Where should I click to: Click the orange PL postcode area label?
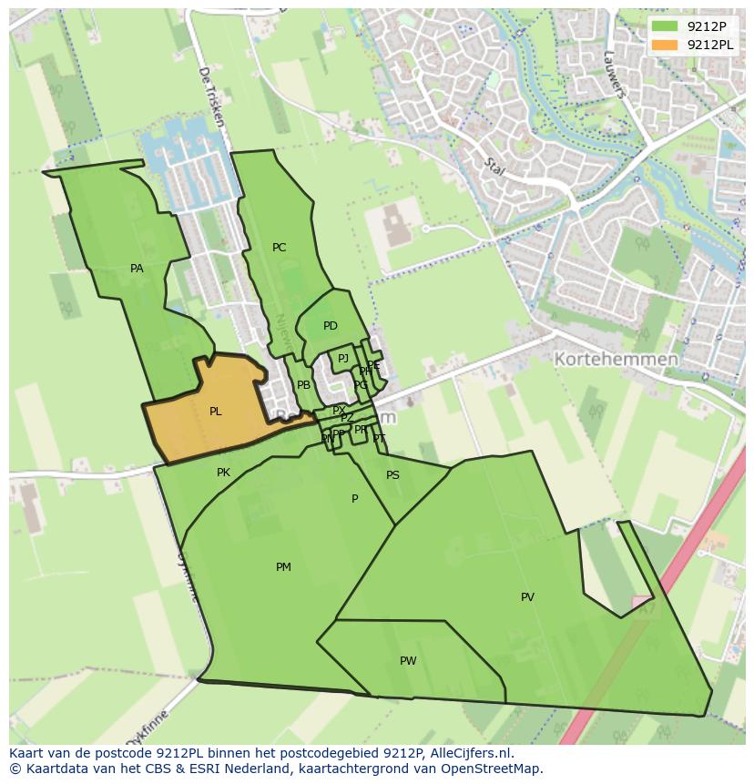[215, 412]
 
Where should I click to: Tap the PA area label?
[137, 269]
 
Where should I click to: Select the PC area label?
[279, 248]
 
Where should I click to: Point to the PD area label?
[330, 326]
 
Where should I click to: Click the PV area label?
[527, 597]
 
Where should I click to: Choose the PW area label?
[408, 661]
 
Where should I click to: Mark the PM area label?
[283, 567]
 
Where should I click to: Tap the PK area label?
[223, 473]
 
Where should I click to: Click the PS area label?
[392, 475]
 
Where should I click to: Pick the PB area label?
[303, 385]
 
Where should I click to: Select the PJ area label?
[342, 359]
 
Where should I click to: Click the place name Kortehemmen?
[616, 360]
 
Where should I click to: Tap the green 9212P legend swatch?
[666, 26]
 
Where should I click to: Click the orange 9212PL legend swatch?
[666, 45]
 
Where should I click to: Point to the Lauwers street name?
[615, 74]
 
